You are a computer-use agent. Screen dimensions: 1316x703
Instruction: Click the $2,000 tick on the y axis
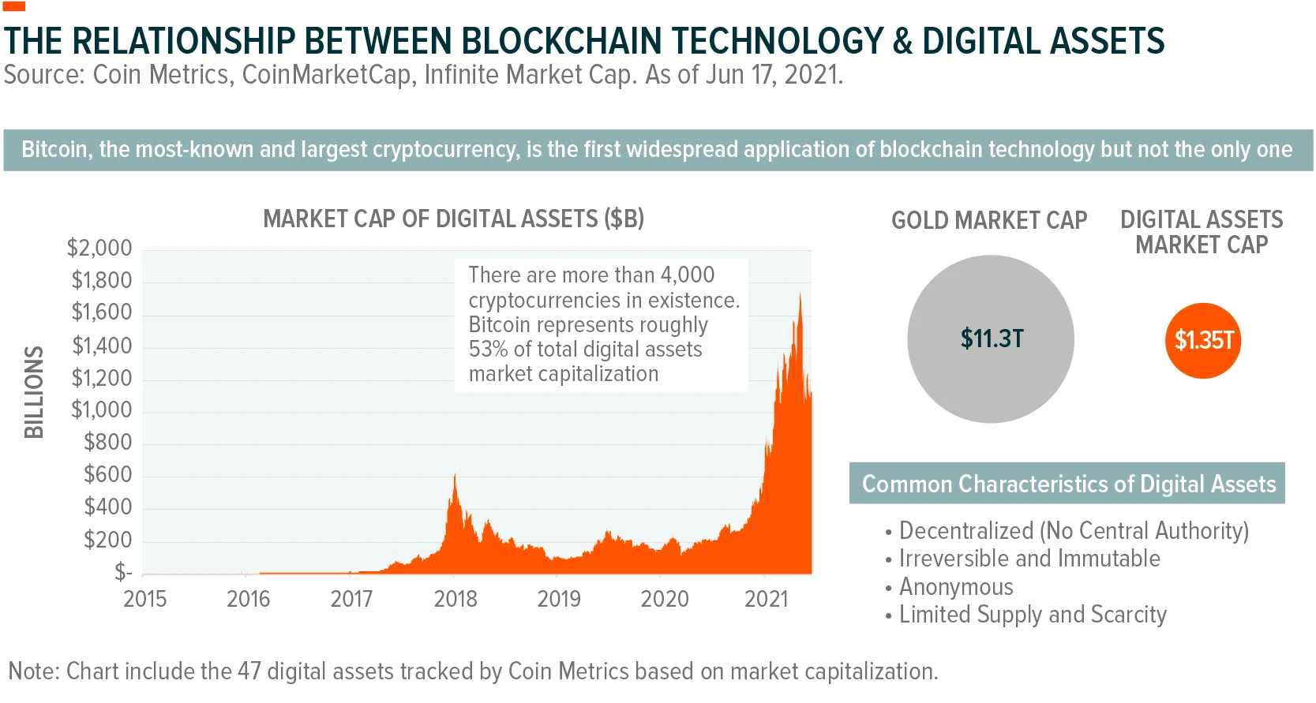[x=99, y=248]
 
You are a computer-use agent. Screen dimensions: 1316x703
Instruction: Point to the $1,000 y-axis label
[x=102, y=409]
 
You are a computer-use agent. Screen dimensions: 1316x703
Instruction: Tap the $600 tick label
[x=108, y=474]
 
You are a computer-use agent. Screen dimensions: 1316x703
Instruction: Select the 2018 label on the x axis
[x=456, y=599]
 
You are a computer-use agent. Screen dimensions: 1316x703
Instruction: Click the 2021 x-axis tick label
[x=766, y=599]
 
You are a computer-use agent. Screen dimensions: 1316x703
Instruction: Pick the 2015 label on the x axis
[x=145, y=599]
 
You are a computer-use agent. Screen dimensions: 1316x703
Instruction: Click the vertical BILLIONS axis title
[x=34, y=391]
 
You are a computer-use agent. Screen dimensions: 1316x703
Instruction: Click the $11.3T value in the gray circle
[x=992, y=338]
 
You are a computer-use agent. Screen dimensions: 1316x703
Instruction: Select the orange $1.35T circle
[x=1202, y=341]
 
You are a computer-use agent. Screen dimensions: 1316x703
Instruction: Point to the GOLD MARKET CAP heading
[x=989, y=220]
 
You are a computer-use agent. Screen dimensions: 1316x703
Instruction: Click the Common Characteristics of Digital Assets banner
[x=1067, y=484]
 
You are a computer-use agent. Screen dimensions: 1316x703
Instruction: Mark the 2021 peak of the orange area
[x=800, y=295]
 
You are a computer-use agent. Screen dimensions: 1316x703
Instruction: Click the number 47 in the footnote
[x=249, y=671]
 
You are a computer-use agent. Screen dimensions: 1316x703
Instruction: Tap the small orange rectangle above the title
[x=14, y=6]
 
